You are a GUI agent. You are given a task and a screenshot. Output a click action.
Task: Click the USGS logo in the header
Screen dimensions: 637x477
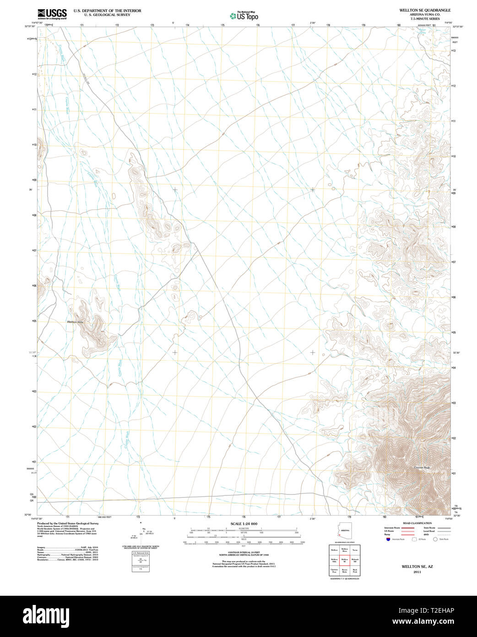[x=52, y=13]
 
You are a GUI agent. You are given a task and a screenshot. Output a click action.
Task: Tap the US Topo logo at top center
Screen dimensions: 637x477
[x=244, y=16]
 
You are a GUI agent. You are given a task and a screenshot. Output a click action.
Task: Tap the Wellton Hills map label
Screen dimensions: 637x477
[x=75, y=323]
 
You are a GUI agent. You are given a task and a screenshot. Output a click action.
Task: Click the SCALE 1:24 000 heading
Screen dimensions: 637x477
[x=244, y=524]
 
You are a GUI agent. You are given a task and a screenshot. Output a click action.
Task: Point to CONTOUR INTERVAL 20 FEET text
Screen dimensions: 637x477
[x=244, y=553]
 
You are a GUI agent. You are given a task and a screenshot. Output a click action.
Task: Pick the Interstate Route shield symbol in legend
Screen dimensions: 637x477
[x=388, y=539]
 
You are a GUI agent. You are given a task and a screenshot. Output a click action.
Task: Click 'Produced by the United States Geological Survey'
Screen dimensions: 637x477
[x=68, y=523]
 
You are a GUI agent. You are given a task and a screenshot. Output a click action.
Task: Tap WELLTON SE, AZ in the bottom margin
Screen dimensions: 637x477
[x=417, y=566]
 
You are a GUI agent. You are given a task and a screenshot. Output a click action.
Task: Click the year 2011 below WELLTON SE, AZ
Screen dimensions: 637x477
[x=417, y=572]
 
